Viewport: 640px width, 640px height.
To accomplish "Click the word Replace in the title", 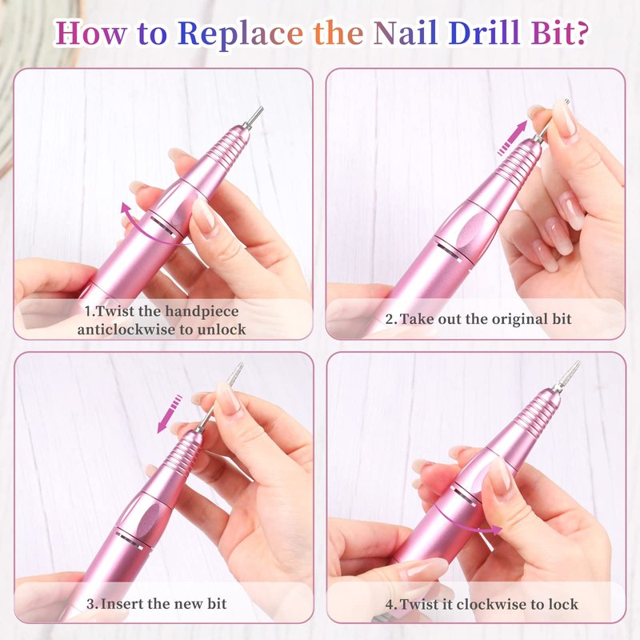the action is [240, 33].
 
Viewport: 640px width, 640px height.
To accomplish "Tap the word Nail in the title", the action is [406, 32].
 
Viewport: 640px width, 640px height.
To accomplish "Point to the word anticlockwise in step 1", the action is [126, 330].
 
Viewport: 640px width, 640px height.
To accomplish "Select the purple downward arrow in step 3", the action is [170, 414].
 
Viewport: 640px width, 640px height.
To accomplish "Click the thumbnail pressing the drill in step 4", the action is [499, 473].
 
